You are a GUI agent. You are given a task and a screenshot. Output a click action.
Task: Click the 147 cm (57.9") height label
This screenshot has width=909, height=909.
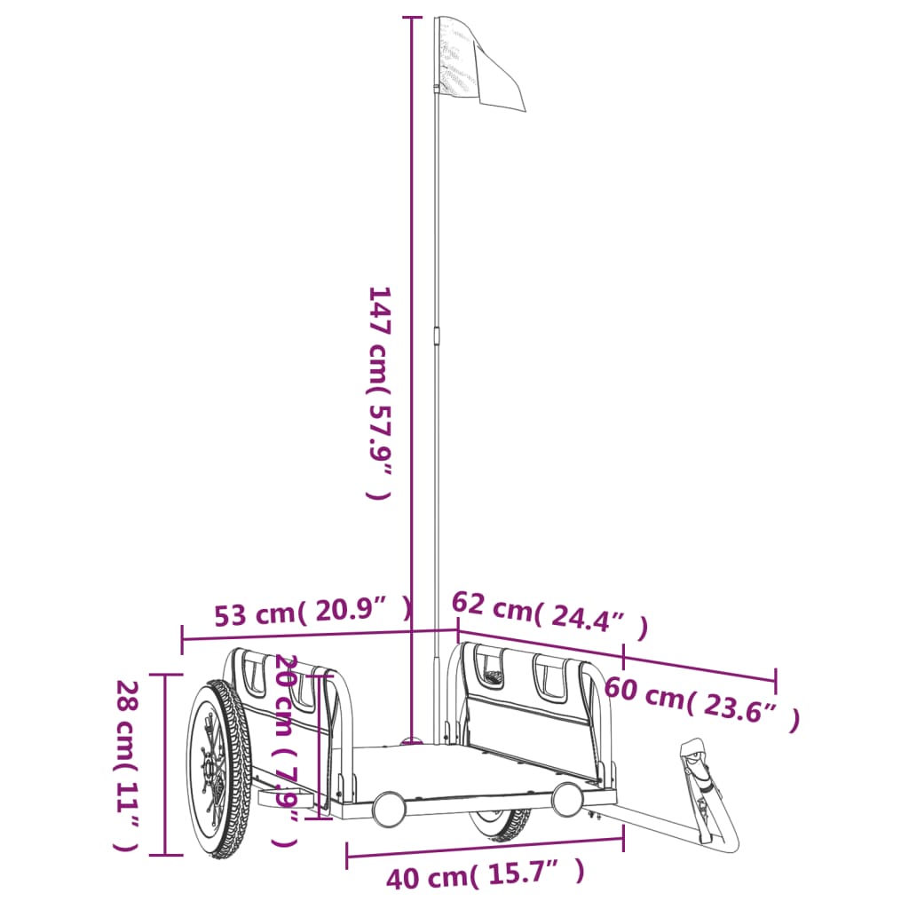pyautogui.click(x=380, y=392)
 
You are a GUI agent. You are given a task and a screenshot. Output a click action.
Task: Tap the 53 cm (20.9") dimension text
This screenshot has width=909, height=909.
pyautogui.click(x=313, y=612)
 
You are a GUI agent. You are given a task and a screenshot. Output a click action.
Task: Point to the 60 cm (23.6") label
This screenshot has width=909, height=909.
pyautogui.click(x=702, y=703)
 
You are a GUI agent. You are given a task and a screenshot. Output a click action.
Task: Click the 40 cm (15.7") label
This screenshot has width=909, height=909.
pyautogui.click(x=486, y=874)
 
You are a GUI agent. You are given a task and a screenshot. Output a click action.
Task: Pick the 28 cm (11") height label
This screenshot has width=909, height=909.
pyautogui.click(x=126, y=766)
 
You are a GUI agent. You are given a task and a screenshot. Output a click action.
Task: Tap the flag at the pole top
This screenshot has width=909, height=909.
pyautogui.click(x=480, y=64)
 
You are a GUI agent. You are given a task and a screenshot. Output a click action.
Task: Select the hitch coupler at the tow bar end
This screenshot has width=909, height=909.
pyautogui.click(x=708, y=791)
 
